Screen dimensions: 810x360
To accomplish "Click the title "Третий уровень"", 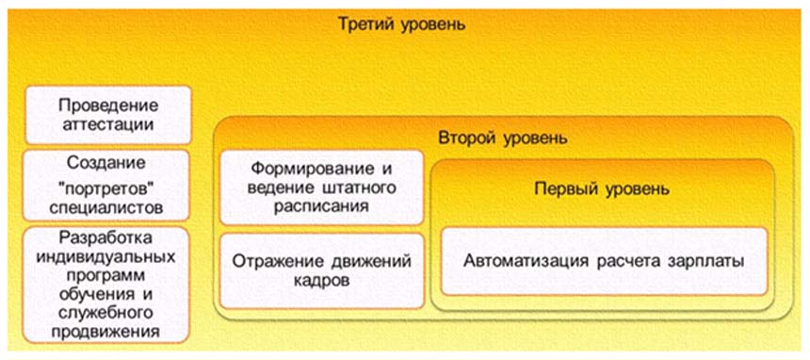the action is (401, 24).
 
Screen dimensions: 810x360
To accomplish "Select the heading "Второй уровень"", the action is (504, 139).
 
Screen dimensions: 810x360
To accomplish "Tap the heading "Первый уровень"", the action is (603, 189).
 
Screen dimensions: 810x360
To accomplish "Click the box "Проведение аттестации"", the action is (108, 115).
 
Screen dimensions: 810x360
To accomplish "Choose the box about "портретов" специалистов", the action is (106, 186).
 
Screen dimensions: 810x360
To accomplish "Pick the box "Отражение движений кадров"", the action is (322, 271).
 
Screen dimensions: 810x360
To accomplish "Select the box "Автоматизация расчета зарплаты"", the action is (604, 261).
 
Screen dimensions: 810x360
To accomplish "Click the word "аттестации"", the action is (108, 124).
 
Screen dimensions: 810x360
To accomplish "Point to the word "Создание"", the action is (106, 163).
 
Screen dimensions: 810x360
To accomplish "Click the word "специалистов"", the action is (107, 208).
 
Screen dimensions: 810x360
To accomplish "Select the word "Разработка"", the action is (105, 237).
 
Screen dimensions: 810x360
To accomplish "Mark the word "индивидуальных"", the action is (105, 256).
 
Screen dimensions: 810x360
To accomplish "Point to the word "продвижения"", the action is (105, 332).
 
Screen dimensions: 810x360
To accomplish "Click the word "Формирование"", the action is (311, 169).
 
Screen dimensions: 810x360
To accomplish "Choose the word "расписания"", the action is (321, 206).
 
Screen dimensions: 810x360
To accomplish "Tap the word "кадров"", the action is (322, 281).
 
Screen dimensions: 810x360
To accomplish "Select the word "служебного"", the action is (106, 313).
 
